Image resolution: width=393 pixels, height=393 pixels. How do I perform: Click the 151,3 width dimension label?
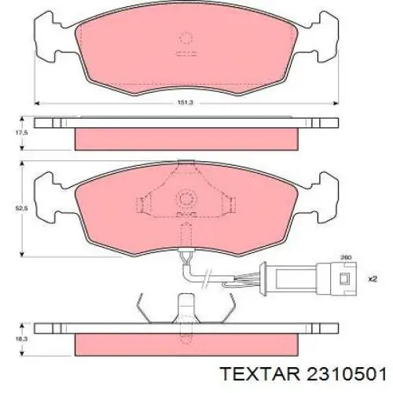coord(186,102)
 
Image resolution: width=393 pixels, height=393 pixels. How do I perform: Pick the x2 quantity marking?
coord(373,277)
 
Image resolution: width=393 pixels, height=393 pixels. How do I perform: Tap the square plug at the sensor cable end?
coord(343,277)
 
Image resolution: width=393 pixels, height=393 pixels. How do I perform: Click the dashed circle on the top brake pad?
coord(186,37)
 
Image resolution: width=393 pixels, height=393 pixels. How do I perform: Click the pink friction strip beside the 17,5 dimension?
coord(186,138)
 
